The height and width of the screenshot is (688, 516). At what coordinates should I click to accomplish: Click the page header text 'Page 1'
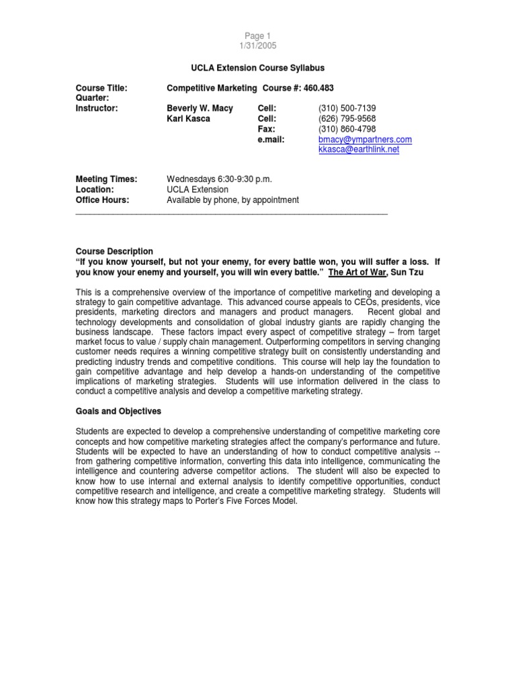point(258,36)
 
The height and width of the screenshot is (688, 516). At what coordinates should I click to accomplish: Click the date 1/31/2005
point(258,46)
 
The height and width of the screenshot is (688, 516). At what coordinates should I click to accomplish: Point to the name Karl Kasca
point(189,118)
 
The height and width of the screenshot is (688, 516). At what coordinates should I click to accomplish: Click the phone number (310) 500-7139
point(347,107)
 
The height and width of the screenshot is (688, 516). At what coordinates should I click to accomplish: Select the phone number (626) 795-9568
point(347,118)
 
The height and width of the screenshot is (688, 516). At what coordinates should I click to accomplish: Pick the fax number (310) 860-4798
point(347,128)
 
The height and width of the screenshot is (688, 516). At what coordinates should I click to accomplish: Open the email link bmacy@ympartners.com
point(365,139)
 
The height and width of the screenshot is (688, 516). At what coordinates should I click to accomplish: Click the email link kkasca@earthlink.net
point(359,149)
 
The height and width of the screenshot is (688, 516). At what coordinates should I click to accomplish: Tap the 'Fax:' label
point(267,128)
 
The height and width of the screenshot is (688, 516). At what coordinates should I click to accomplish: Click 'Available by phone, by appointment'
point(232,200)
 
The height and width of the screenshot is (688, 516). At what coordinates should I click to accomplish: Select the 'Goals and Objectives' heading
point(118,411)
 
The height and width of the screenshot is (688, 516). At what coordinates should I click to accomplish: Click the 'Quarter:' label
point(93,97)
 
